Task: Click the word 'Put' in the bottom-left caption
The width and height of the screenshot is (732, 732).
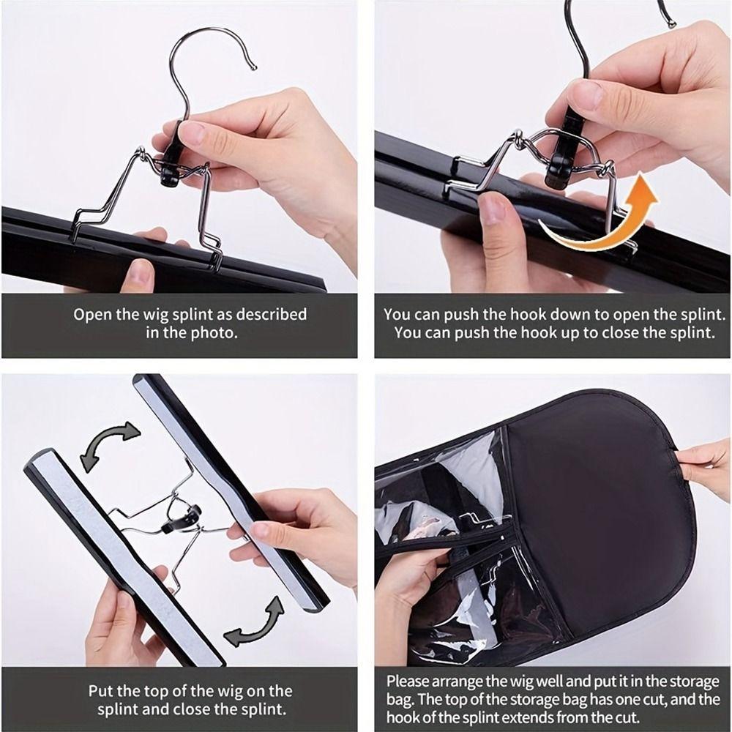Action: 102,690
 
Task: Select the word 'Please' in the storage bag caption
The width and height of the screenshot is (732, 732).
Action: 408,680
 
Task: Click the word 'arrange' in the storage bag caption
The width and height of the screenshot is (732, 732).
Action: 462,680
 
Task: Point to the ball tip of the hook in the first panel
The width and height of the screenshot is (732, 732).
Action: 254,67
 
